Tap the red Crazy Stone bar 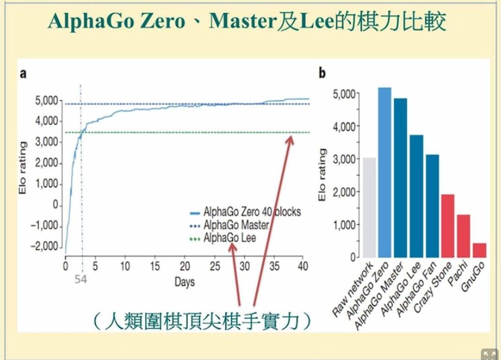click(448, 226)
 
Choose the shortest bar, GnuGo click(479, 250)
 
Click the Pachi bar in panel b click(464, 235)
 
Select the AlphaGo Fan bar click(432, 206)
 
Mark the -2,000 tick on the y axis click(44, 247)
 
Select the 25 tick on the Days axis click(215, 267)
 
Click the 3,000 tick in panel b click(342, 159)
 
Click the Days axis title click(185, 283)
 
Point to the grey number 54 click(80, 280)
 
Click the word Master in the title click(238, 21)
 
